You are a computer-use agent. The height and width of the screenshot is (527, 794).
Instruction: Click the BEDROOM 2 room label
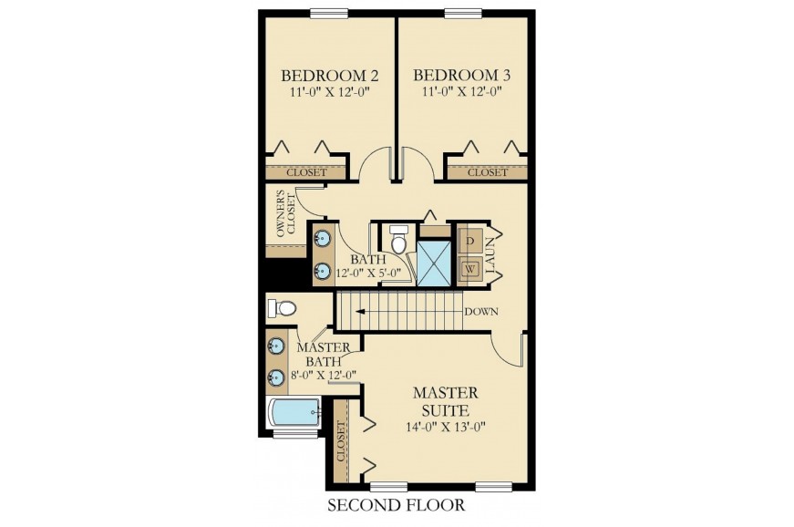point(330,76)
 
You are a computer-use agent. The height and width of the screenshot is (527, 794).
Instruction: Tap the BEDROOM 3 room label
point(462,76)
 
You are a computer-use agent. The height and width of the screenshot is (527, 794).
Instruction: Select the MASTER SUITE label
point(445,401)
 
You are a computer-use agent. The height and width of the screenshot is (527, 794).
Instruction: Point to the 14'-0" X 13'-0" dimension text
point(446,427)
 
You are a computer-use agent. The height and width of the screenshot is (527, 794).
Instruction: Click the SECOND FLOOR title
point(396,505)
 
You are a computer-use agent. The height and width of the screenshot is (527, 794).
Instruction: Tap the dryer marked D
point(469,241)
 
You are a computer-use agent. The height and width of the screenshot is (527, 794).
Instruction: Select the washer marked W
point(469,269)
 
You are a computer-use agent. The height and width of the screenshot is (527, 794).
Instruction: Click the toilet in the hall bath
point(398,239)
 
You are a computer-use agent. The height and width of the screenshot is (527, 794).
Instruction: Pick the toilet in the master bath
point(281,308)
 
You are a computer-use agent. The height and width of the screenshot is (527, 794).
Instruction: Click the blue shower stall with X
point(433,263)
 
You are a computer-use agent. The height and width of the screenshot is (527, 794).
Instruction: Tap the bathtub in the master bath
point(294,413)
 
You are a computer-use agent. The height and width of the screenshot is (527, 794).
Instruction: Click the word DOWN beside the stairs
point(481,311)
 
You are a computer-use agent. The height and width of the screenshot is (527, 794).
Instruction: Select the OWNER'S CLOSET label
point(286,213)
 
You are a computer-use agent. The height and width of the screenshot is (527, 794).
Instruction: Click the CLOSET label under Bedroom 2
point(306,172)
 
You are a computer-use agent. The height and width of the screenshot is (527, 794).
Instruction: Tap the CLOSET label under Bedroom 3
point(487,172)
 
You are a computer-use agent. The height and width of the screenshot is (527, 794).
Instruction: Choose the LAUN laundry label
point(490,255)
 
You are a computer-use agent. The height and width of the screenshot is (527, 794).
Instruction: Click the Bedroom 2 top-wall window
point(329,13)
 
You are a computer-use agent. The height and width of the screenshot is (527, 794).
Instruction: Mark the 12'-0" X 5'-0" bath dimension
point(369,273)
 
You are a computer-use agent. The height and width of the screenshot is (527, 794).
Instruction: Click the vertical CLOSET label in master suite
point(341,441)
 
